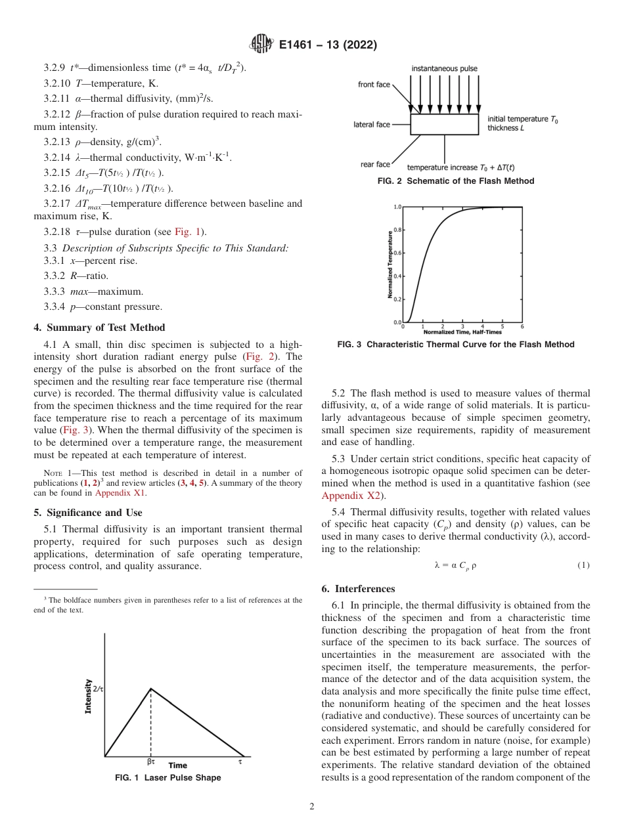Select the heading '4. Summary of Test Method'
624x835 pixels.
click(99, 328)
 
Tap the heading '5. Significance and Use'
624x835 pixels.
click(87, 512)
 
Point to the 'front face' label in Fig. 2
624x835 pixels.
click(374, 85)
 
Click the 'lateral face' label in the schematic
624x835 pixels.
click(372, 124)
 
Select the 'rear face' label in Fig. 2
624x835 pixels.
click(375, 164)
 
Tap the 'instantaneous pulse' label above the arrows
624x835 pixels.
click(445, 68)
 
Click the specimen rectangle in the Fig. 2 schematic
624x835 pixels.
click(444, 124)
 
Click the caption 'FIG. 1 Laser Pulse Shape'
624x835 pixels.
click(167, 777)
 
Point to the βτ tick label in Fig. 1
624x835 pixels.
click(150, 763)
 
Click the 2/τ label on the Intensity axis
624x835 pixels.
click(99, 689)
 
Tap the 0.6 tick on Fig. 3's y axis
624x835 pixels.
click(397, 253)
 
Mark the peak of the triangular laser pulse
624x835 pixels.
click(151, 689)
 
